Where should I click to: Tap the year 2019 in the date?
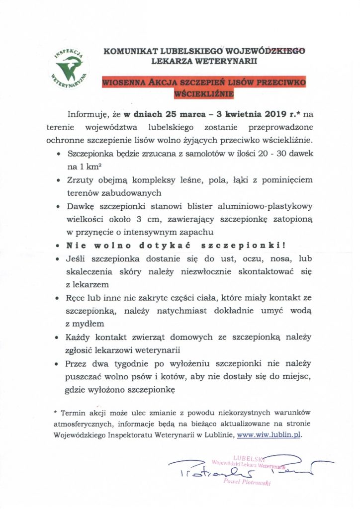(270, 114)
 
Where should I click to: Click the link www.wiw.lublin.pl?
(270, 434)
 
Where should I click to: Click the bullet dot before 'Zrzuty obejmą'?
(59, 180)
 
